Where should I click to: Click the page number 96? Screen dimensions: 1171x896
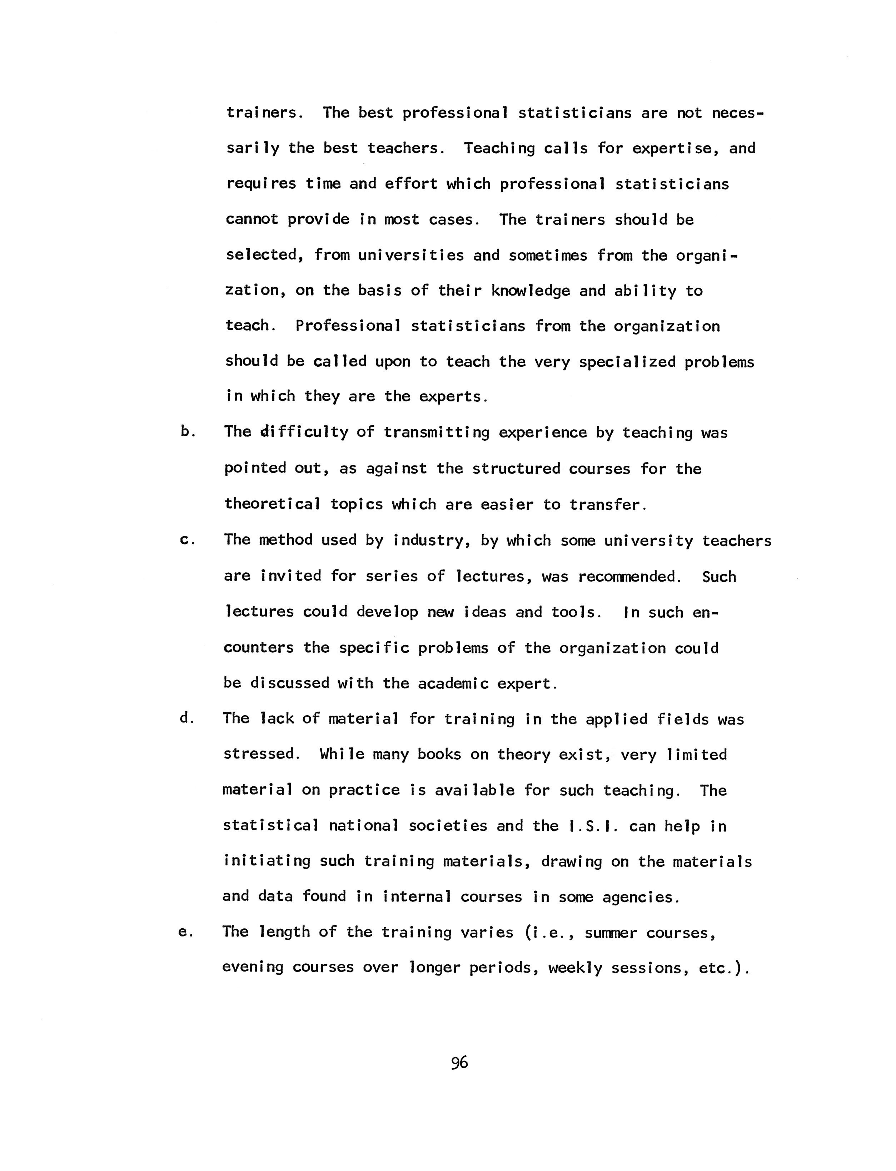pyautogui.click(x=459, y=1063)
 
